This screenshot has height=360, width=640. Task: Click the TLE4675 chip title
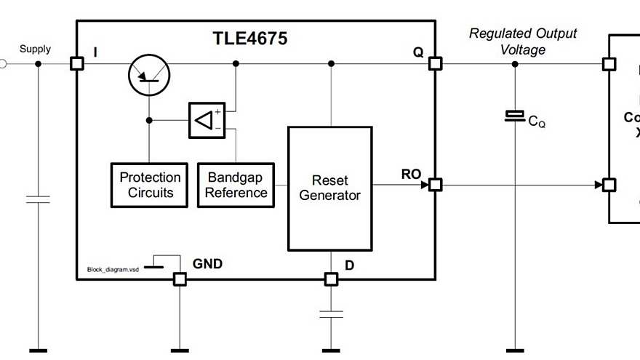[x=249, y=39]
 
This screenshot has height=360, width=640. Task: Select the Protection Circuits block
[x=151, y=185]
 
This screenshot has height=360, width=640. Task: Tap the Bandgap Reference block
[x=236, y=185]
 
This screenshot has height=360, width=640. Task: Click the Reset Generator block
[x=329, y=188]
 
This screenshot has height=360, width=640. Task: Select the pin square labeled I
[x=76, y=64]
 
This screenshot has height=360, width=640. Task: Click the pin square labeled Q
[x=435, y=64]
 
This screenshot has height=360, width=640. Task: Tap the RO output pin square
[x=435, y=185]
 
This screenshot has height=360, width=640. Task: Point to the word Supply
[x=35, y=49]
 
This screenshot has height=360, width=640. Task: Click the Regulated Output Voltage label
[x=522, y=41]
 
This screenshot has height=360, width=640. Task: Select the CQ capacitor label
[x=537, y=122]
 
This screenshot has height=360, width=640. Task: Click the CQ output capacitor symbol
[x=515, y=116]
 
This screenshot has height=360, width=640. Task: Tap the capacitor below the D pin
[x=331, y=314]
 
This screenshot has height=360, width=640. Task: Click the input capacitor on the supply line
[x=38, y=199]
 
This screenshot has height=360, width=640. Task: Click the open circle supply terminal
[x=2, y=64]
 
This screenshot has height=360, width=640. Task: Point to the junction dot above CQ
[x=515, y=64]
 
